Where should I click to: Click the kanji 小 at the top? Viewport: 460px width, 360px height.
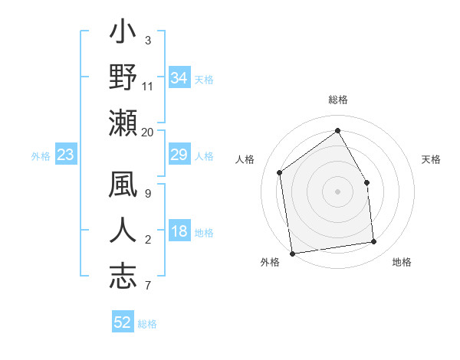click(123, 35)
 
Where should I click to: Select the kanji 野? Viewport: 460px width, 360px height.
click(123, 78)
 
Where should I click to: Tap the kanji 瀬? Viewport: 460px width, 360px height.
click(123, 123)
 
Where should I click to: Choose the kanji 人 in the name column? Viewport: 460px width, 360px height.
click(123, 231)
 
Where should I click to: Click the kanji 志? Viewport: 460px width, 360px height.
click(123, 276)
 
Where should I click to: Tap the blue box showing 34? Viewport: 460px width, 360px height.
click(179, 78)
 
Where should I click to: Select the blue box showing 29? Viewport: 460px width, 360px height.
click(179, 155)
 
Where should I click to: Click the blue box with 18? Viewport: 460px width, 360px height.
click(179, 232)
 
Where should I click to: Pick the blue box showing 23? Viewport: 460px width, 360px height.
click(66, 155)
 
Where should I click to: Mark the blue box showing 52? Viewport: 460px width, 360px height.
click(123, 322)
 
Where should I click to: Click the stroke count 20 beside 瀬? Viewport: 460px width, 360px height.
click(148, 132)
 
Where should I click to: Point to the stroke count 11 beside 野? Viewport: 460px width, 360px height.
click(148, 87)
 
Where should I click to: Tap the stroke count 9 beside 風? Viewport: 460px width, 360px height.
click(148, 194)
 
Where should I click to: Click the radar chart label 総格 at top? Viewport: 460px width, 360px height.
click(338, 100)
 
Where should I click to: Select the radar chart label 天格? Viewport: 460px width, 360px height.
click(431, 159)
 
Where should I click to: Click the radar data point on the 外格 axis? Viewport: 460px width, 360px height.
click(292, 253)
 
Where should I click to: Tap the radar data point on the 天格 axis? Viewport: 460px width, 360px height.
click(366, 182)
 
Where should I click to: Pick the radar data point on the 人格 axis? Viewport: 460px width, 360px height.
click(280, 172)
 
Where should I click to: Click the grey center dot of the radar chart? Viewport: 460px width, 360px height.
click(337, 191)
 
